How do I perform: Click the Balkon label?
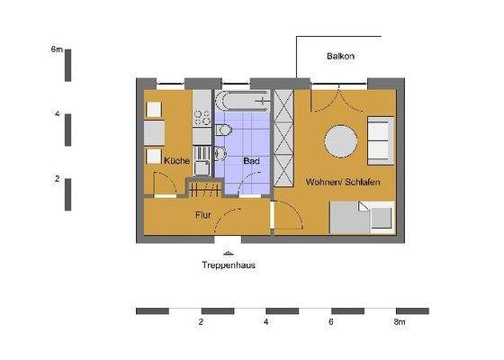point(340,57)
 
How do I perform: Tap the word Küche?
point(176,161)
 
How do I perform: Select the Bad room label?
point(251,161)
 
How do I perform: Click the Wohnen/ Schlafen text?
point(342,182)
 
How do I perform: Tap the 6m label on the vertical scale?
point(57,52)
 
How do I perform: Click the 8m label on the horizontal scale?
point(400,321)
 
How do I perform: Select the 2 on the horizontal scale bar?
point(202,321)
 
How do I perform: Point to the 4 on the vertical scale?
point(57,115)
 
